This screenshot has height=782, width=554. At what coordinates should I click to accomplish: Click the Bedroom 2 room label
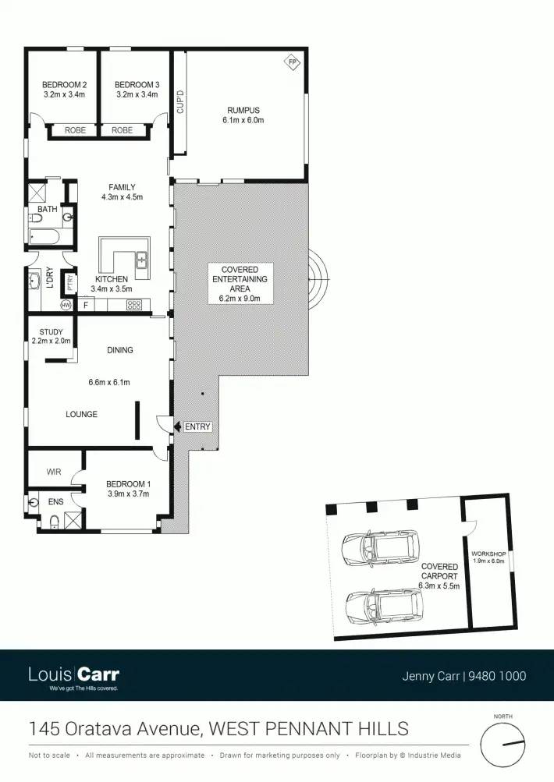[x=64, y=84]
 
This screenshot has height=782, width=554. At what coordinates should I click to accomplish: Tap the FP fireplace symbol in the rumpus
[x=293, y=62]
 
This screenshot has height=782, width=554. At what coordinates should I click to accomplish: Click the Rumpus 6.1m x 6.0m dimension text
[x=243, y=121]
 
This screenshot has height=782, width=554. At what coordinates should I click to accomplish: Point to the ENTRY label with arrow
[x=195, y=426]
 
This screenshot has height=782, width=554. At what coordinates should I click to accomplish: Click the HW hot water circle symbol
[x=66, y=305]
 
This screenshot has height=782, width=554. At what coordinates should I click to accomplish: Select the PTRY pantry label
[x=71, y=282]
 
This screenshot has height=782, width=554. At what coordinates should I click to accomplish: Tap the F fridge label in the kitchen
[x=86, y=304]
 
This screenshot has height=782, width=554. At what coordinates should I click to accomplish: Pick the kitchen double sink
[x=141, y=264]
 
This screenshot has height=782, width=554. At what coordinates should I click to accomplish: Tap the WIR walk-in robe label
[x=52, y=472]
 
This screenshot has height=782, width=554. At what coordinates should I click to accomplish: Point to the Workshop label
[x=489, y=557]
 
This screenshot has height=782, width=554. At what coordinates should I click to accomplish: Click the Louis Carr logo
[x=73, y=675]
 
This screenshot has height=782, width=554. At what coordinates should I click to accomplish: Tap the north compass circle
[x=501, y=744]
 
